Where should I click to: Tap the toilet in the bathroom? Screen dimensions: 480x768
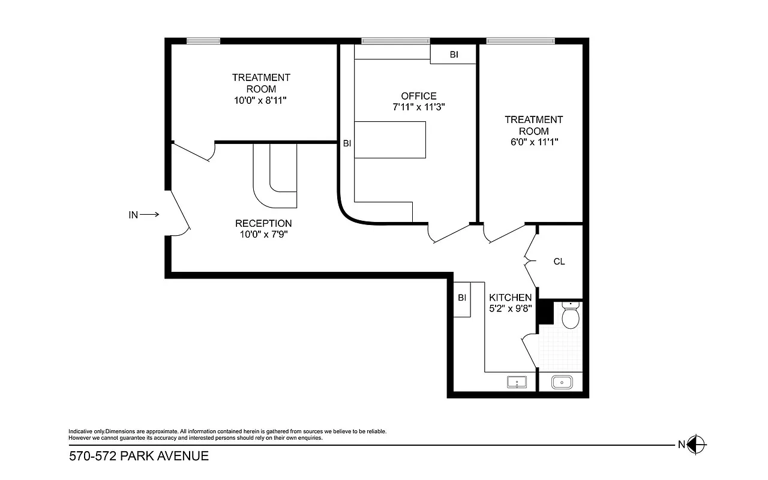point(570,316)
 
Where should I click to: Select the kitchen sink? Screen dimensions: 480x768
point(516,382)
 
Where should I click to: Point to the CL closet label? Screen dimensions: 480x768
point(559,262)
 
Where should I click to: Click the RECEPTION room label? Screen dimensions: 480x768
point(263,224)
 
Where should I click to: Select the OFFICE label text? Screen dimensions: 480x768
point(419,96)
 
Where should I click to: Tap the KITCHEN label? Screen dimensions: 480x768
point(510,298)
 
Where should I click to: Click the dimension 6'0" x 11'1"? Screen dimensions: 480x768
point(533,143)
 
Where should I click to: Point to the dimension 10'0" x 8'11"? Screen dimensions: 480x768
point(261,101)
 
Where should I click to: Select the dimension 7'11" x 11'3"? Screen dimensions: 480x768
point(419,107)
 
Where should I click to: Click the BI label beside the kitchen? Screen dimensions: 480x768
point(462,298)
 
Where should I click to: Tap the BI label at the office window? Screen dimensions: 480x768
point(454,55)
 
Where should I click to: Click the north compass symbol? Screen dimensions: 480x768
point(697,445)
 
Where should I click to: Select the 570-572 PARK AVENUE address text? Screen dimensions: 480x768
point(139,456)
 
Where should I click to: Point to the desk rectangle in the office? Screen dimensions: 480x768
point(390,140)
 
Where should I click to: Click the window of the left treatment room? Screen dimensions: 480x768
point(203,41)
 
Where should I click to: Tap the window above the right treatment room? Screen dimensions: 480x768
point(520,41)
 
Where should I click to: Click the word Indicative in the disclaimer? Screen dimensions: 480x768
point(81,431)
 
